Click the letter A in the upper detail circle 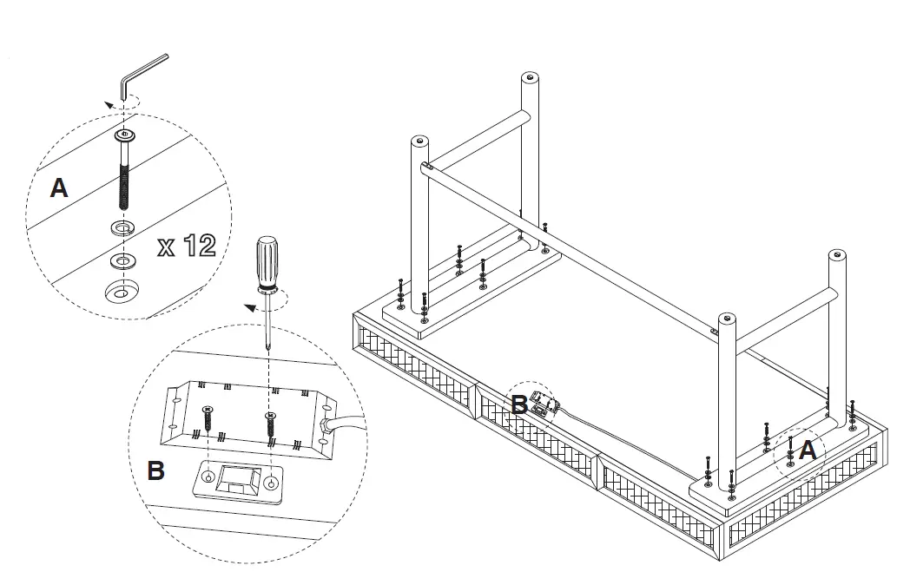[x=59, y=188]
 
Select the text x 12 [x=187, y=246]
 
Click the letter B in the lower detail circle [x=156, y=470]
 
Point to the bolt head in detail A [x=125, y=135]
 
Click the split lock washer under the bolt [x=122, y=228]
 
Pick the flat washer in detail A [x=122, y=261]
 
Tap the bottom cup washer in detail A [x=122, y=291]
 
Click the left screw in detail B [x=208, y=418]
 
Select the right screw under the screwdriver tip [x=270, y=424]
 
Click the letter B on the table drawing [x=519, y=404]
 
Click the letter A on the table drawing [x=808, y=450]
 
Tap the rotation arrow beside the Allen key [x=122, y=104]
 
